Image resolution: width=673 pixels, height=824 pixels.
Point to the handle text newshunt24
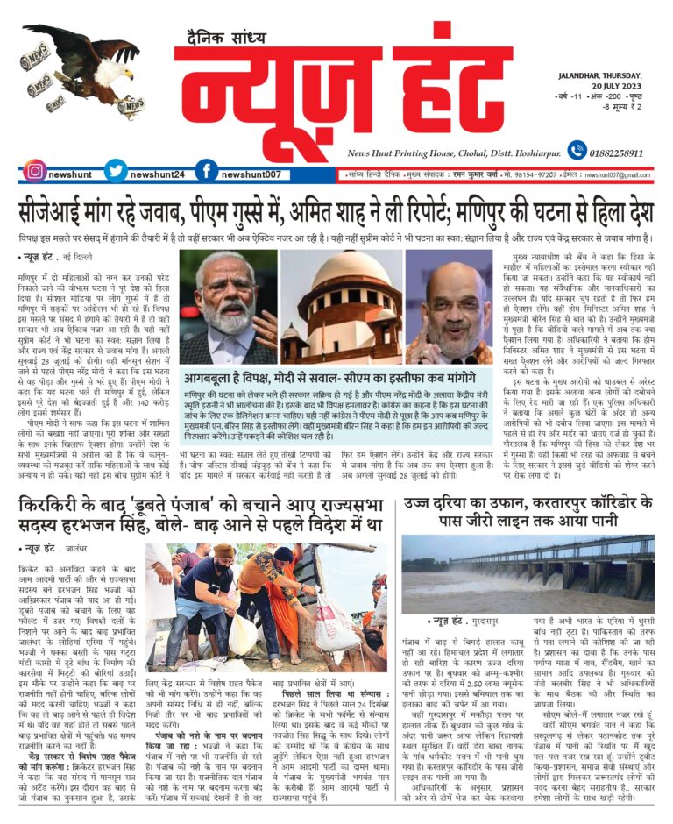(x=159, y=174)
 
